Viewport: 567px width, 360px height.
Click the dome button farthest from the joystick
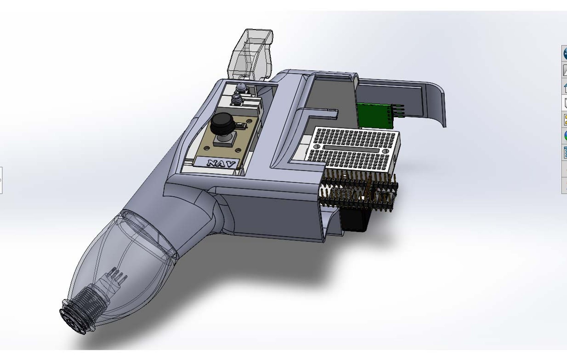point(241,88)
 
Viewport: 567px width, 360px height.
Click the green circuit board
point(373,115)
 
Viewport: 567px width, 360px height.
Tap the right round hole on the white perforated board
point(385,151)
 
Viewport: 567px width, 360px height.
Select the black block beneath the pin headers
point(355,220)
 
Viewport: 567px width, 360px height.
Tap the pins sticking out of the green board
point(399,111)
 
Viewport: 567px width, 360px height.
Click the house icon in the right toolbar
point(565,88)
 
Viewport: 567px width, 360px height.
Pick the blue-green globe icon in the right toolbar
point(565,136)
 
